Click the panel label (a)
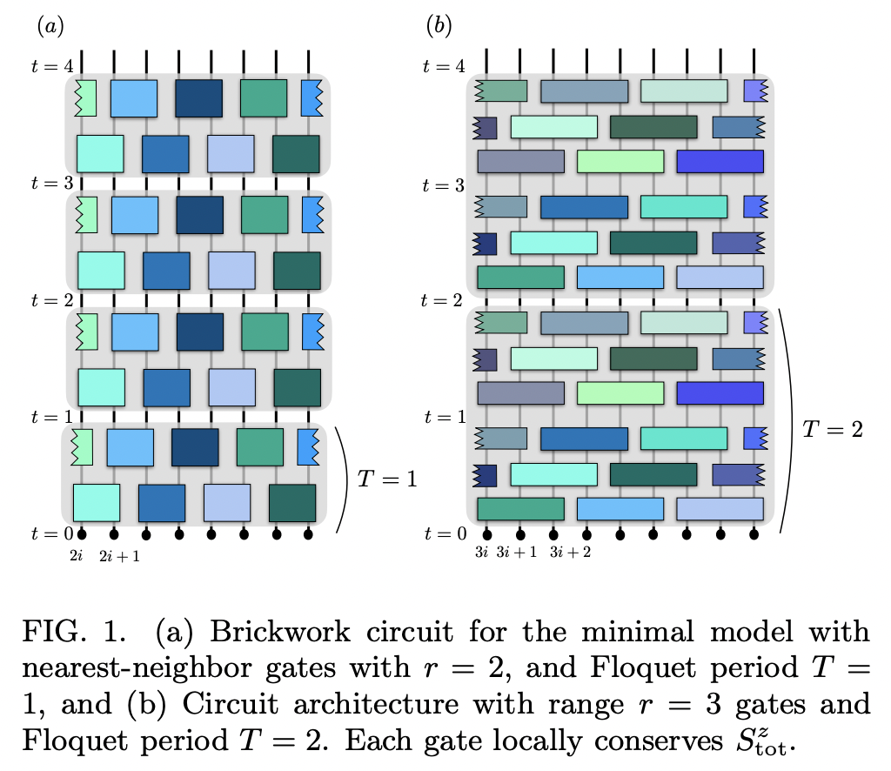click(50, 26)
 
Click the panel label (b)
click(439, 26)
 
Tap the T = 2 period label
click(833, 429)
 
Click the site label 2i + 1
click(120, 556)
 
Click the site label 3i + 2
click(571, 552)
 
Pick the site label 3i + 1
click(517, 552)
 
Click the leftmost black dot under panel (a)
click(82, 533)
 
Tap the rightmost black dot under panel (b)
click(754, 533)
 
